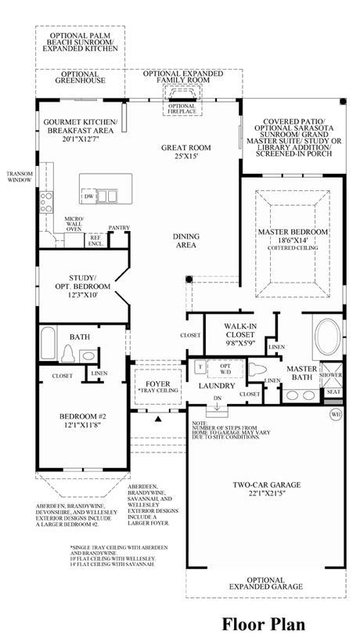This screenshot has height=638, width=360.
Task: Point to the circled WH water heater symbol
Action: [x=336, y=413]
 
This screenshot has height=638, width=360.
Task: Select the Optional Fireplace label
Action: [x=182, y=109]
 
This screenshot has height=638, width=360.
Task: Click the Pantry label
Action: [x=119, y=228]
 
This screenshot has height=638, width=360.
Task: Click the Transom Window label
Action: [x=19, y=177]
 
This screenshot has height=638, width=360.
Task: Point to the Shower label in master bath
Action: [x=332, y=375]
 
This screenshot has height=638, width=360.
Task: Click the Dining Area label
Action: [x=185, y=240]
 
